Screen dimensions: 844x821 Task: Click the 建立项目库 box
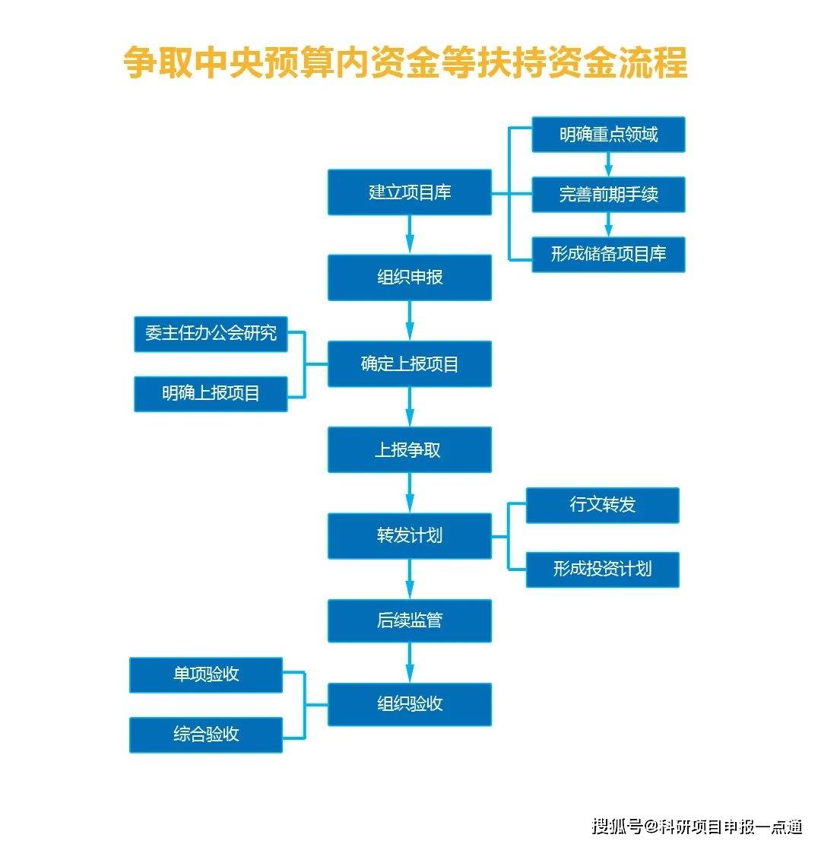point(410,192)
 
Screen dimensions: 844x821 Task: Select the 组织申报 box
point(410,278)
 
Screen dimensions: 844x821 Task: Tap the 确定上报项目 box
point(410,364)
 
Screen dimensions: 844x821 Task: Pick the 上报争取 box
point(410,449)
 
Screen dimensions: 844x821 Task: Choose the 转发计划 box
point(410,535)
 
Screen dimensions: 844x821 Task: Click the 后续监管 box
point(410,620)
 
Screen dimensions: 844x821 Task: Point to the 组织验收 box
point(410,703)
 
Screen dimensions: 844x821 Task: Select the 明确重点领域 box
point(608,135)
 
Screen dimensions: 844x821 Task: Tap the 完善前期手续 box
point(608,195)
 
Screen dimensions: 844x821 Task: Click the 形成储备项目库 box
point(608,254)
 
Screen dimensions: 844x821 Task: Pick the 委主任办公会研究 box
point(211,334)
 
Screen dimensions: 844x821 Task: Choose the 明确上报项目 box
point(211,393)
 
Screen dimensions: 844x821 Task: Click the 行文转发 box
point(602,505)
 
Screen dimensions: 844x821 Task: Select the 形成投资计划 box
point(602,569)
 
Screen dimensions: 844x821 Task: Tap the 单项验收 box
point(206,674)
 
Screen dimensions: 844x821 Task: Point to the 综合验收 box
point(206,735)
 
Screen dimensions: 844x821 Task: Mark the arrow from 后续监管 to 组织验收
point(410,662)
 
